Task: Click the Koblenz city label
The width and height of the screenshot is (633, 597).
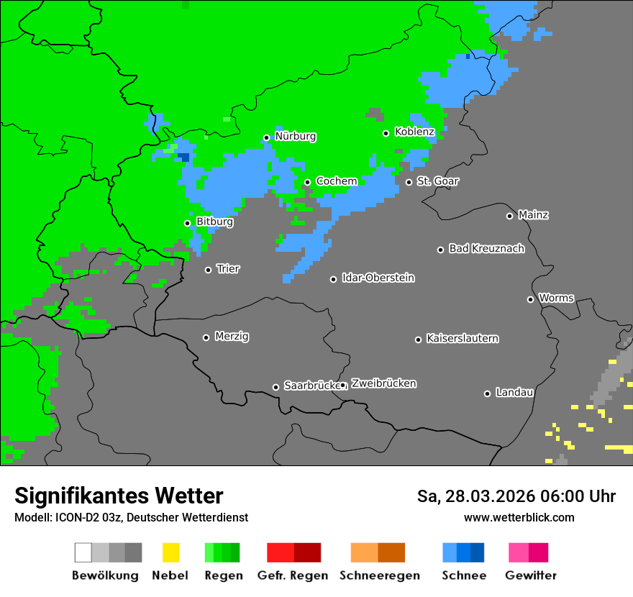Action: tap(414, 132)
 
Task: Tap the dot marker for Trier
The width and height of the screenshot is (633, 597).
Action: tap(209, 270)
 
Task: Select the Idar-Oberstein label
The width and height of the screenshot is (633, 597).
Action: tap(378, 278)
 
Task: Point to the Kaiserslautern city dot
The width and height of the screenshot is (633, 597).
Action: tap(418, 339)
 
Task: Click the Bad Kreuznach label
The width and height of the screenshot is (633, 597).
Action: tap(486, 249)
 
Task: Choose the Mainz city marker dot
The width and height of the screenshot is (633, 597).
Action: tap(509, 216)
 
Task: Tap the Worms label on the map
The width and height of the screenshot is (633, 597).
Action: tap(556, 298)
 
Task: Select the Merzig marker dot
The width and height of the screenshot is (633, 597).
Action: tap(206, 337)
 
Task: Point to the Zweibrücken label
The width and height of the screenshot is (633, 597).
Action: tap(383, 384)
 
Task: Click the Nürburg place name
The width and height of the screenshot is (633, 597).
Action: tap(295, 137)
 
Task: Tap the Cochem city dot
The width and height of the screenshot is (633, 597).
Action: tap(307, 182)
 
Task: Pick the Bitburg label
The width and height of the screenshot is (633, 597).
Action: tap(214, 222)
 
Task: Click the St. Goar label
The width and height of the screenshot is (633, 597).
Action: tap(437, 181)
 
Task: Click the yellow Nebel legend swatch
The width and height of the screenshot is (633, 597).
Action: tap(170, 552)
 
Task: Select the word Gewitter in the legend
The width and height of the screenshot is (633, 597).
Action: tap(530, 575)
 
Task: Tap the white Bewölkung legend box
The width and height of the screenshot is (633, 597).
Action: tap(83, 552)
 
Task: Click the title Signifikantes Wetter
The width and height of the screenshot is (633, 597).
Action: tap(119, 496)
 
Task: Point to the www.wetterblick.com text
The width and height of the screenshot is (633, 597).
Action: tap(519, 517)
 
